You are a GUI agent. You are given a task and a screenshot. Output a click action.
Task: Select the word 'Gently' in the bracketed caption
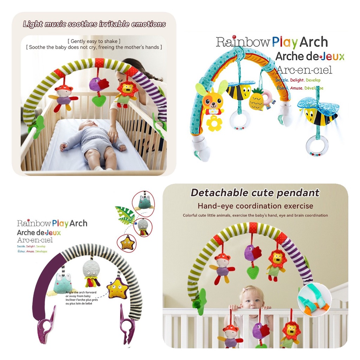click(x=81, y=41)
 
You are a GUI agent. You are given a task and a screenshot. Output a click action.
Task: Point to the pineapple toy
click(x=256, y=100)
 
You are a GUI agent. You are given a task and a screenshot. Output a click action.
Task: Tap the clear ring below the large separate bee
click(x=316, y=145)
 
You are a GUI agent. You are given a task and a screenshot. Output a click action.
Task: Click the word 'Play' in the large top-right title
click(x=285, y=43)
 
